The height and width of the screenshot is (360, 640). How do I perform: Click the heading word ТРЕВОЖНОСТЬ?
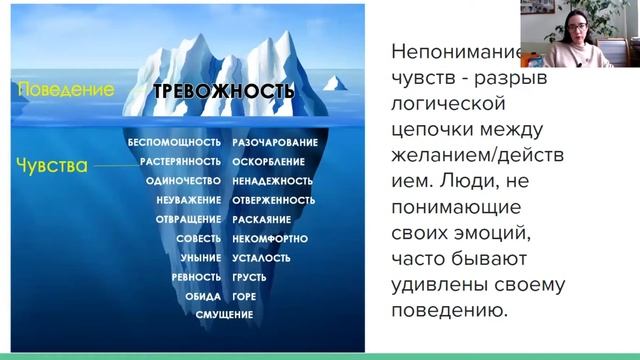point(223,93)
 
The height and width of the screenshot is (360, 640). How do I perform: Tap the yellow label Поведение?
point(65,90)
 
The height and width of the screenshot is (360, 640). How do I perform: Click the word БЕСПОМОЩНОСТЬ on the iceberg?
point(174,144)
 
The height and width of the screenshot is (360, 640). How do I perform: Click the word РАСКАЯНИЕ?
point(262,220)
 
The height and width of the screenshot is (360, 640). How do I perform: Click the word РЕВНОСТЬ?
point(196,277)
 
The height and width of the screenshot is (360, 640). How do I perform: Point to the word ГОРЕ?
point(246,296)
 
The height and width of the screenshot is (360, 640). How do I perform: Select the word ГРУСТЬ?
point(250,277)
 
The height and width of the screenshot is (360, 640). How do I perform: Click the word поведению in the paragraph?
point(446,311)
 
